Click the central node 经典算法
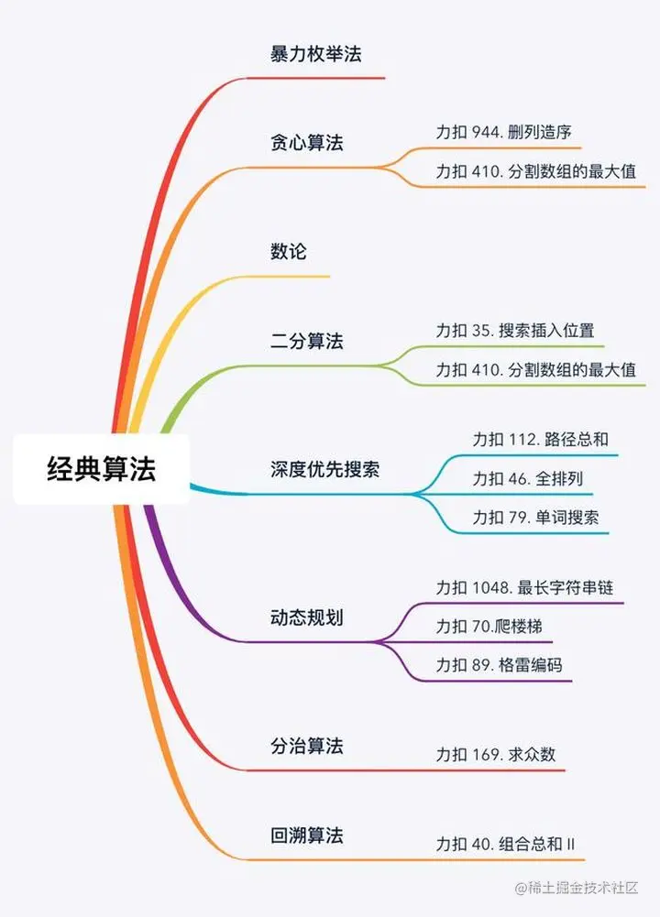click(x=101, y=469)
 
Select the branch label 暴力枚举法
click(x=315, y=54)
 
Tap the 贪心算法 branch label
click(x=306, y=143)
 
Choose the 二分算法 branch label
click(x=306, y=342)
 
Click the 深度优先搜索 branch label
click(x=324, y=471)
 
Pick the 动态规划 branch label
click(x=306, y=617)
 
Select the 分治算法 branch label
click(x=306, y=746)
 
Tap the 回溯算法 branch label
click(x=306, y=835)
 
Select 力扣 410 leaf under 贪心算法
click(x=535, y=172)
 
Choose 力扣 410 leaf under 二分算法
click(x=535, y=370)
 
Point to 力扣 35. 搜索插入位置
click(x=515, y=331)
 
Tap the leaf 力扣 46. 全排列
click(x=527, y=478)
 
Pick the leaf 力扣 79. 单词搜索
click(x=535, y=518)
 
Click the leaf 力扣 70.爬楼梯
click(x=495, y=627)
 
